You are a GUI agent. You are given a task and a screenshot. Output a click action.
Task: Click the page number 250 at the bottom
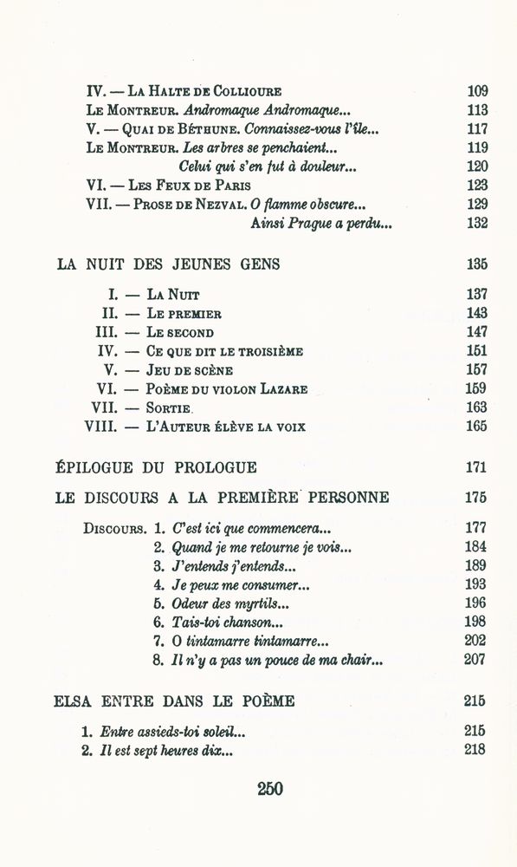270,788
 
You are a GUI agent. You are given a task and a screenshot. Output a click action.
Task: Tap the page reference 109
476,90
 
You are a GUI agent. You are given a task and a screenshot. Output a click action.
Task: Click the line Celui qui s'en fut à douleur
255,166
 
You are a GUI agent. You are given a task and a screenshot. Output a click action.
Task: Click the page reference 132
476,223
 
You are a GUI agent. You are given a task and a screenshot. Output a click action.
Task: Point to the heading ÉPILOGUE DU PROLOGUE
156,467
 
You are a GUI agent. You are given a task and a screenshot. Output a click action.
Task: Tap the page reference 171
475,467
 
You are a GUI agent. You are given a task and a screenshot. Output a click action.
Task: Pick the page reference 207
475,661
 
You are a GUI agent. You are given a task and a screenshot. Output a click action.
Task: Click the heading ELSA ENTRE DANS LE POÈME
174,701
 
